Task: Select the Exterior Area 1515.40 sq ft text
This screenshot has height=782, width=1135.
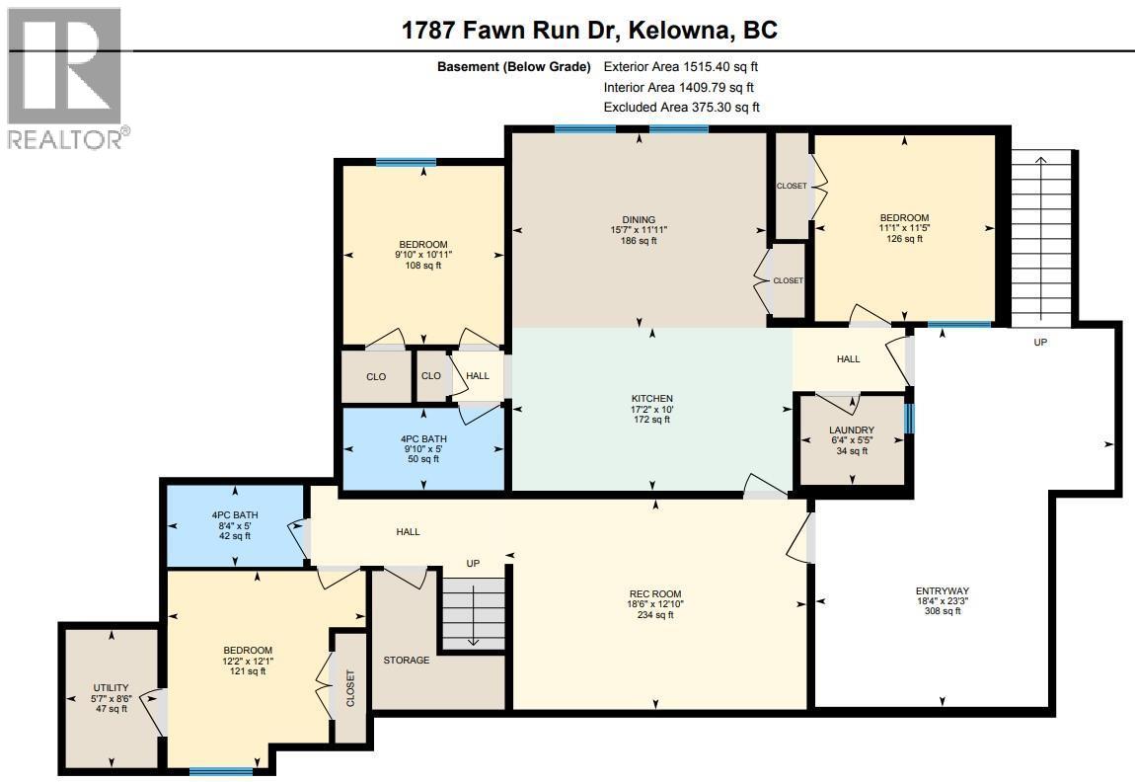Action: (680, 67)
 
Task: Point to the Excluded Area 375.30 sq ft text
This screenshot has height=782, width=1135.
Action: (681, 107)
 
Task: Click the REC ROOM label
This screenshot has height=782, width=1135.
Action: (649, 604)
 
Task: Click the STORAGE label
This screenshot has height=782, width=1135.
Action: (407, 660)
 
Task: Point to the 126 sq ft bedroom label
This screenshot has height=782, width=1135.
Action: (904, 228)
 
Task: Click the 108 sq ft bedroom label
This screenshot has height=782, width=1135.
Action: (423, 255)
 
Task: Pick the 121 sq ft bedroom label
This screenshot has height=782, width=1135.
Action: (247, 661)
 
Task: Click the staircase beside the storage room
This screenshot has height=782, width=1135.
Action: (474, 611)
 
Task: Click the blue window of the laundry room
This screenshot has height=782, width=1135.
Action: (909, 419)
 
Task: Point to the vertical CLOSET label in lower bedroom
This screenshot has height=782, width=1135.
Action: (349, 688)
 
